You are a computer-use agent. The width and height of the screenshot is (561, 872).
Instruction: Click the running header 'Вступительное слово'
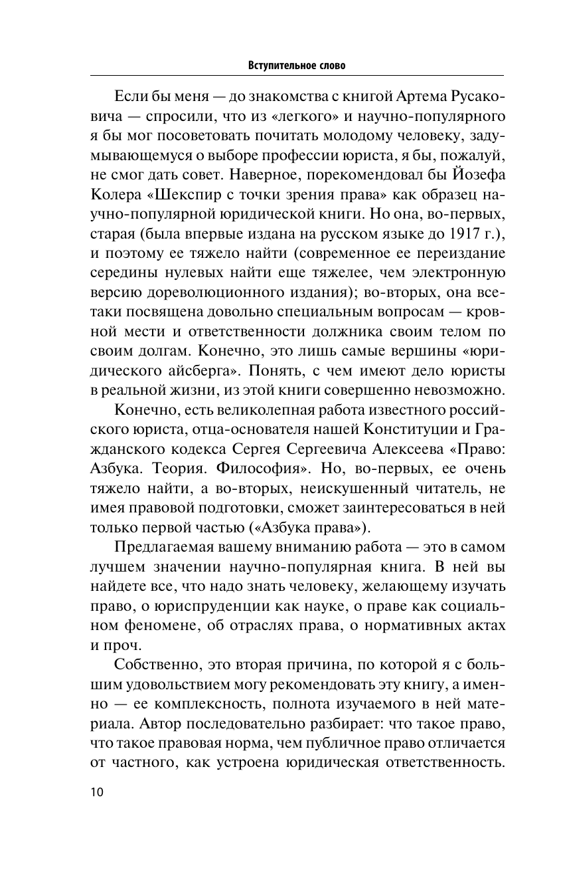(x=297, y=66)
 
